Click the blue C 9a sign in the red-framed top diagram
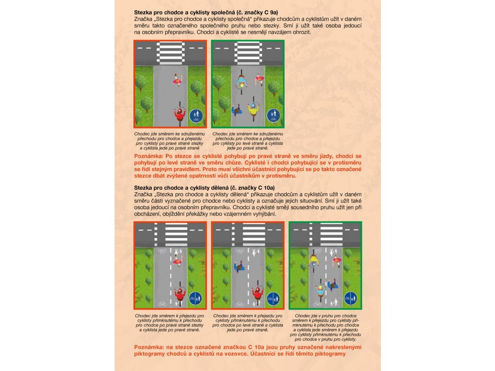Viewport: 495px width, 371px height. (196, 115)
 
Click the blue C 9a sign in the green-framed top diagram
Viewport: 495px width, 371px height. (274, 115)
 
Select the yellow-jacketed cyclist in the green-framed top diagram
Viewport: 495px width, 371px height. (252, 109)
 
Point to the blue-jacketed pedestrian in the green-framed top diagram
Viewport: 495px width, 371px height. (237, 111)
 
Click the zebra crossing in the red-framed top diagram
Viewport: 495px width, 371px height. (170, 51)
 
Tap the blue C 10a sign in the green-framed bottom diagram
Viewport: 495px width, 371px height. (350, 299)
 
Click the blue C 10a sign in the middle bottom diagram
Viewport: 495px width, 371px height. (273, 299)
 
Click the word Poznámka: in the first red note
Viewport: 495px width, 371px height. (148, 157)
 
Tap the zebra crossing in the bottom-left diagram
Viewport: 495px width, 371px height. (176, 233)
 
